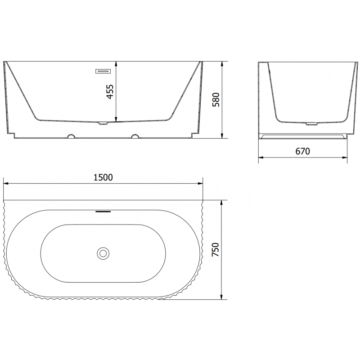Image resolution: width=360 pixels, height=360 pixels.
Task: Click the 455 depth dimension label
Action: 110,92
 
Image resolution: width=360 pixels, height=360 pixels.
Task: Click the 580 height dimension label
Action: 216,99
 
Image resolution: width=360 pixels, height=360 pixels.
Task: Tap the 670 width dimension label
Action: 302,151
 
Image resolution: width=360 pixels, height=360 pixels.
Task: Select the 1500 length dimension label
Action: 103,177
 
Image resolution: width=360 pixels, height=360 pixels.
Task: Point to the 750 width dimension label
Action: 216,250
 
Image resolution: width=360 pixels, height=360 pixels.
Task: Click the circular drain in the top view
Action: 103,253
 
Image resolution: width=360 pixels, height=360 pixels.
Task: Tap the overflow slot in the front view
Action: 103,71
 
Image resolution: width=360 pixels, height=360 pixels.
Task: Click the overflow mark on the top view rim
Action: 103,211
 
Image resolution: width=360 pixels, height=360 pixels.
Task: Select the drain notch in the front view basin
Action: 103,123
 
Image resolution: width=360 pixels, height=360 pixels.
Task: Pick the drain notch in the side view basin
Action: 311,124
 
